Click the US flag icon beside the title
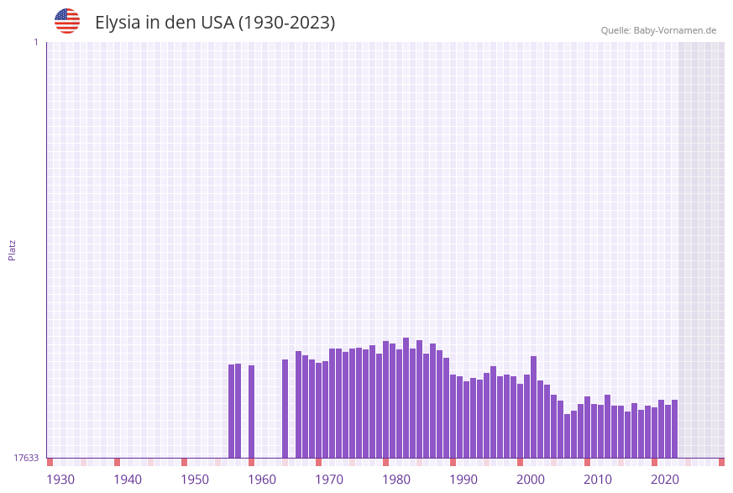[x=67, y=21]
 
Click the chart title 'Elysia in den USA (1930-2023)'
[x=215, y=23]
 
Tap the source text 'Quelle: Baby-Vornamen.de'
[x=658, y=30]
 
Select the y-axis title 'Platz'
[x=13, y=249]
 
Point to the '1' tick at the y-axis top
[x=36, y=42]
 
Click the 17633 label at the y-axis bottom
[x=26, y=458]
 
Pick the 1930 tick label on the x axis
[x=60, y=480]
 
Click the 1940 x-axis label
[x=128, y=480]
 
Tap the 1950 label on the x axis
[x=195, y=480]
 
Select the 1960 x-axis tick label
[x=262, y=480]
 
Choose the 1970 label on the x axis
[x=329, y=480]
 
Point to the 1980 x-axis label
[x=396, y=480]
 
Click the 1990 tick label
[x=463, y=480]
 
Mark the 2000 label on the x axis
[x=531, y=480]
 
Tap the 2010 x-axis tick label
[x=598, y=480]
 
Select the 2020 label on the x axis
[x=665, y=480]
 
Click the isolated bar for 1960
[x=251, y=412]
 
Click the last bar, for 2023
[x=674, y=429]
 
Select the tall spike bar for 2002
[x=533, y=407]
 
